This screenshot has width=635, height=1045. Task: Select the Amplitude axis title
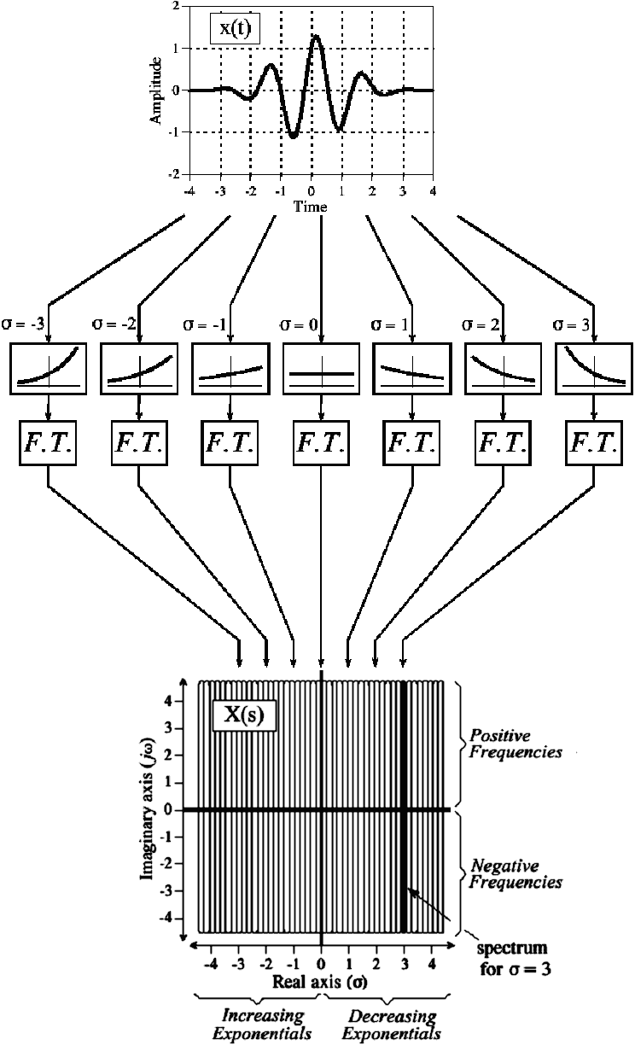(x=156, y=90)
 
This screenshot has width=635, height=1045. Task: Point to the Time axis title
(x=310, y=207)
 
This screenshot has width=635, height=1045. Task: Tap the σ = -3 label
(x=23, y=325)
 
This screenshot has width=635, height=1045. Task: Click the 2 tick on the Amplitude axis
(x=175, y=6)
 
